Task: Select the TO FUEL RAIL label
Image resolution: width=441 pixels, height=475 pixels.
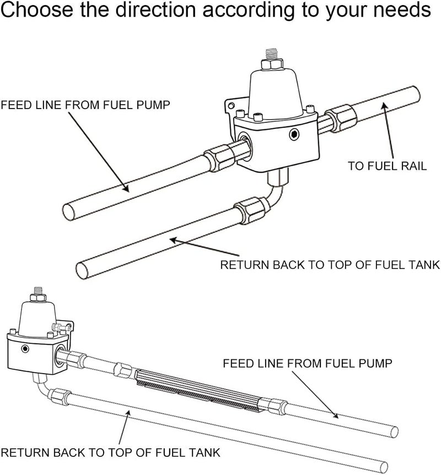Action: [x=387, y=165]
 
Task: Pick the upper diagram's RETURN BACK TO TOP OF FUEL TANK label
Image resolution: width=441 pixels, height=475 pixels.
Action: [x=329, y=265]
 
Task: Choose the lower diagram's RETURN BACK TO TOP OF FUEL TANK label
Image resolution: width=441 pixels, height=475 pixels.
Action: [x=110, y=452]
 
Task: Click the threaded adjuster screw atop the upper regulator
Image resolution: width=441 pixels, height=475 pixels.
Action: [x=271, y=55]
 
